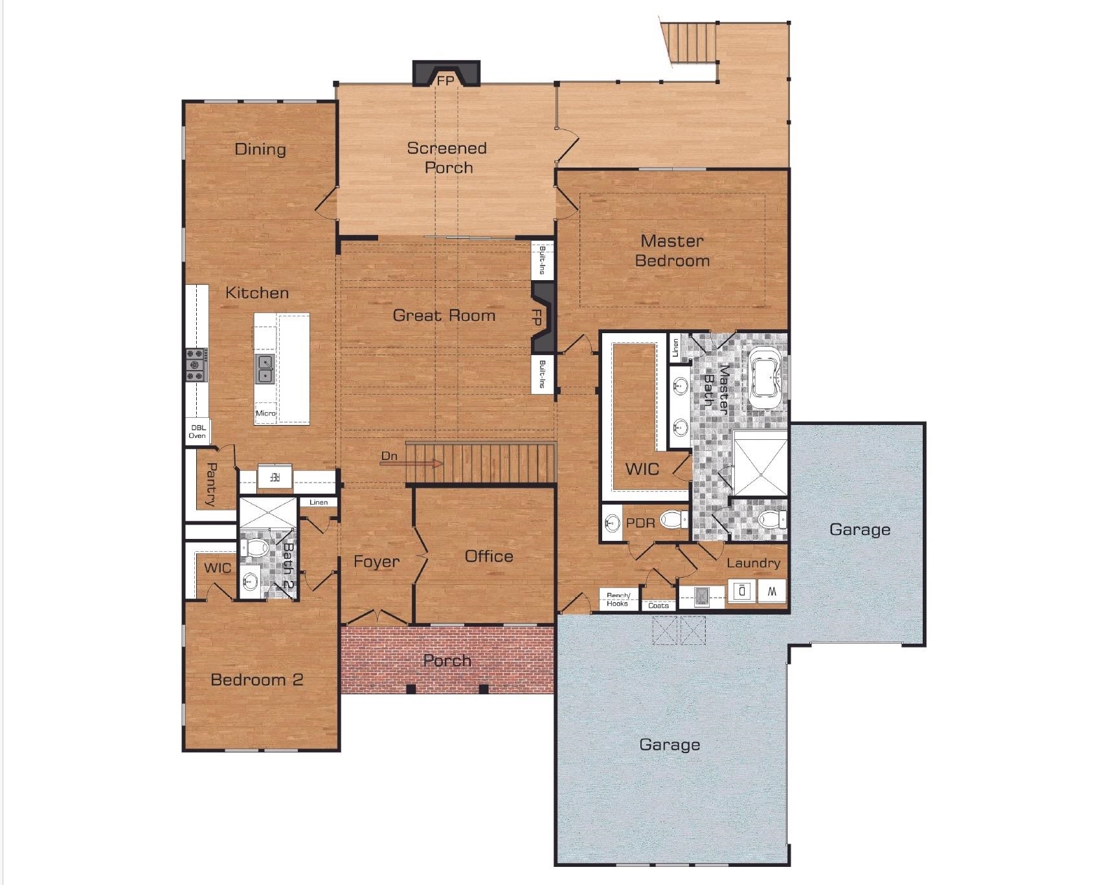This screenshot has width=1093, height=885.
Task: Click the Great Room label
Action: (x=444, y=316)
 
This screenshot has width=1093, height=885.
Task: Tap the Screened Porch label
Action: (x=447, y=158)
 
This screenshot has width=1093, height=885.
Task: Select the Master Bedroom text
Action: (x=672, y=251)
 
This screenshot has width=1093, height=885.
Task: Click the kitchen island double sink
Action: (x=264, y=368)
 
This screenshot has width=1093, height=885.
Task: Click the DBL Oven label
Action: (x=197, y=432)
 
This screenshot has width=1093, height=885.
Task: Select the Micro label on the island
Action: (x=265, y=413)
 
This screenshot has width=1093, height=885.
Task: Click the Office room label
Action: (x=489, y=556)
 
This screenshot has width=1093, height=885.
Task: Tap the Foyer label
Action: (x=376, y=562)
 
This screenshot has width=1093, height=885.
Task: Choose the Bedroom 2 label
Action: (x=257, y=680)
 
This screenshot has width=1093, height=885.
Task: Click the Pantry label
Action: (x=211, y=483)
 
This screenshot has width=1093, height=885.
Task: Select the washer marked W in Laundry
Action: (x=771, y=591)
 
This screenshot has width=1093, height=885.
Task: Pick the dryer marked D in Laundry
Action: (x=743, y=591)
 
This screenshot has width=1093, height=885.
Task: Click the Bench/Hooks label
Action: (x=617, y=600)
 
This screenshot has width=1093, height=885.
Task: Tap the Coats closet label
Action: (x=659, y=606)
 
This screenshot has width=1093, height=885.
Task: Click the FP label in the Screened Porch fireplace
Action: (x=445, y=81)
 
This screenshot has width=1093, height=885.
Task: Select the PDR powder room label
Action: (x=640, y=522)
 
